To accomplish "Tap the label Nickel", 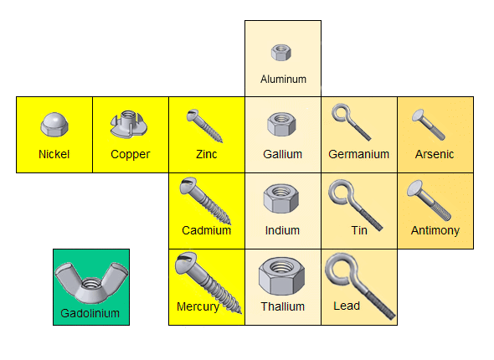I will pyautogui.click(x=54, y=154).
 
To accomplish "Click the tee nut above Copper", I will pyautogui.click(x=129, y=126).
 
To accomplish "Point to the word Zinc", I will pyautogui.click(x=206, y=154).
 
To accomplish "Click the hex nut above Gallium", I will pyautogui.click(x=281, y=126).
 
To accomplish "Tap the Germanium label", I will pyautogui.click(x=359, y=154).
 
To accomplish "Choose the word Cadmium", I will pyautogui.click(x=206, y=230).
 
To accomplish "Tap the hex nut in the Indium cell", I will pyautogui.click(x=281, y=200).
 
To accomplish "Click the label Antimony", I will pyautogui.click(x=435, y=230).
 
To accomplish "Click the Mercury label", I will pyautogui.click(x=198, y=306).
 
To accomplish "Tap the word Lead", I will pyautogui.click(x=347, y=306).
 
